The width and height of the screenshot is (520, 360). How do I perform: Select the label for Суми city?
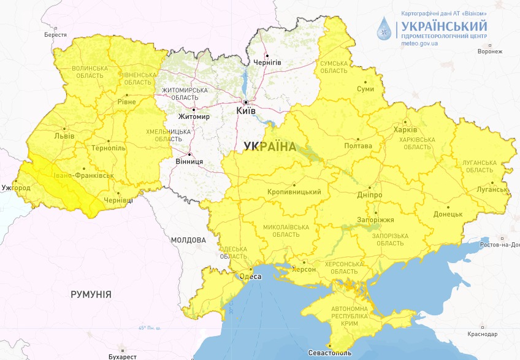(365, 89)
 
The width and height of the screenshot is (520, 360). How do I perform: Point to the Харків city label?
(405, 130)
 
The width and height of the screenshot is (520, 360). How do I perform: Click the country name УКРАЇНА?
(269, 147)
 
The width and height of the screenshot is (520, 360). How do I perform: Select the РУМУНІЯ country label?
(91, 294)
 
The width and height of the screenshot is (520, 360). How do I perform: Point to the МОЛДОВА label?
(188, 240)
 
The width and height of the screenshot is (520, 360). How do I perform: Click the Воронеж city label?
(489, 52)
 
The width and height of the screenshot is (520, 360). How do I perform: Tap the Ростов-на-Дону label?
(497, 245)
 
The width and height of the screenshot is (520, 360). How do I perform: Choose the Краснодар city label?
(481, 334)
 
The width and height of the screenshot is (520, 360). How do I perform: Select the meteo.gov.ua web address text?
(419, 44)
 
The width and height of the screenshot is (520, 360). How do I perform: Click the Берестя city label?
(55, 35)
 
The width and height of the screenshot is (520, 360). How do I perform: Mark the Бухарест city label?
(121, 356)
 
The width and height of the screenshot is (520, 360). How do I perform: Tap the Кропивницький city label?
(294, 192)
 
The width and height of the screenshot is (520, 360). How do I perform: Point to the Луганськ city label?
(492, 190)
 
